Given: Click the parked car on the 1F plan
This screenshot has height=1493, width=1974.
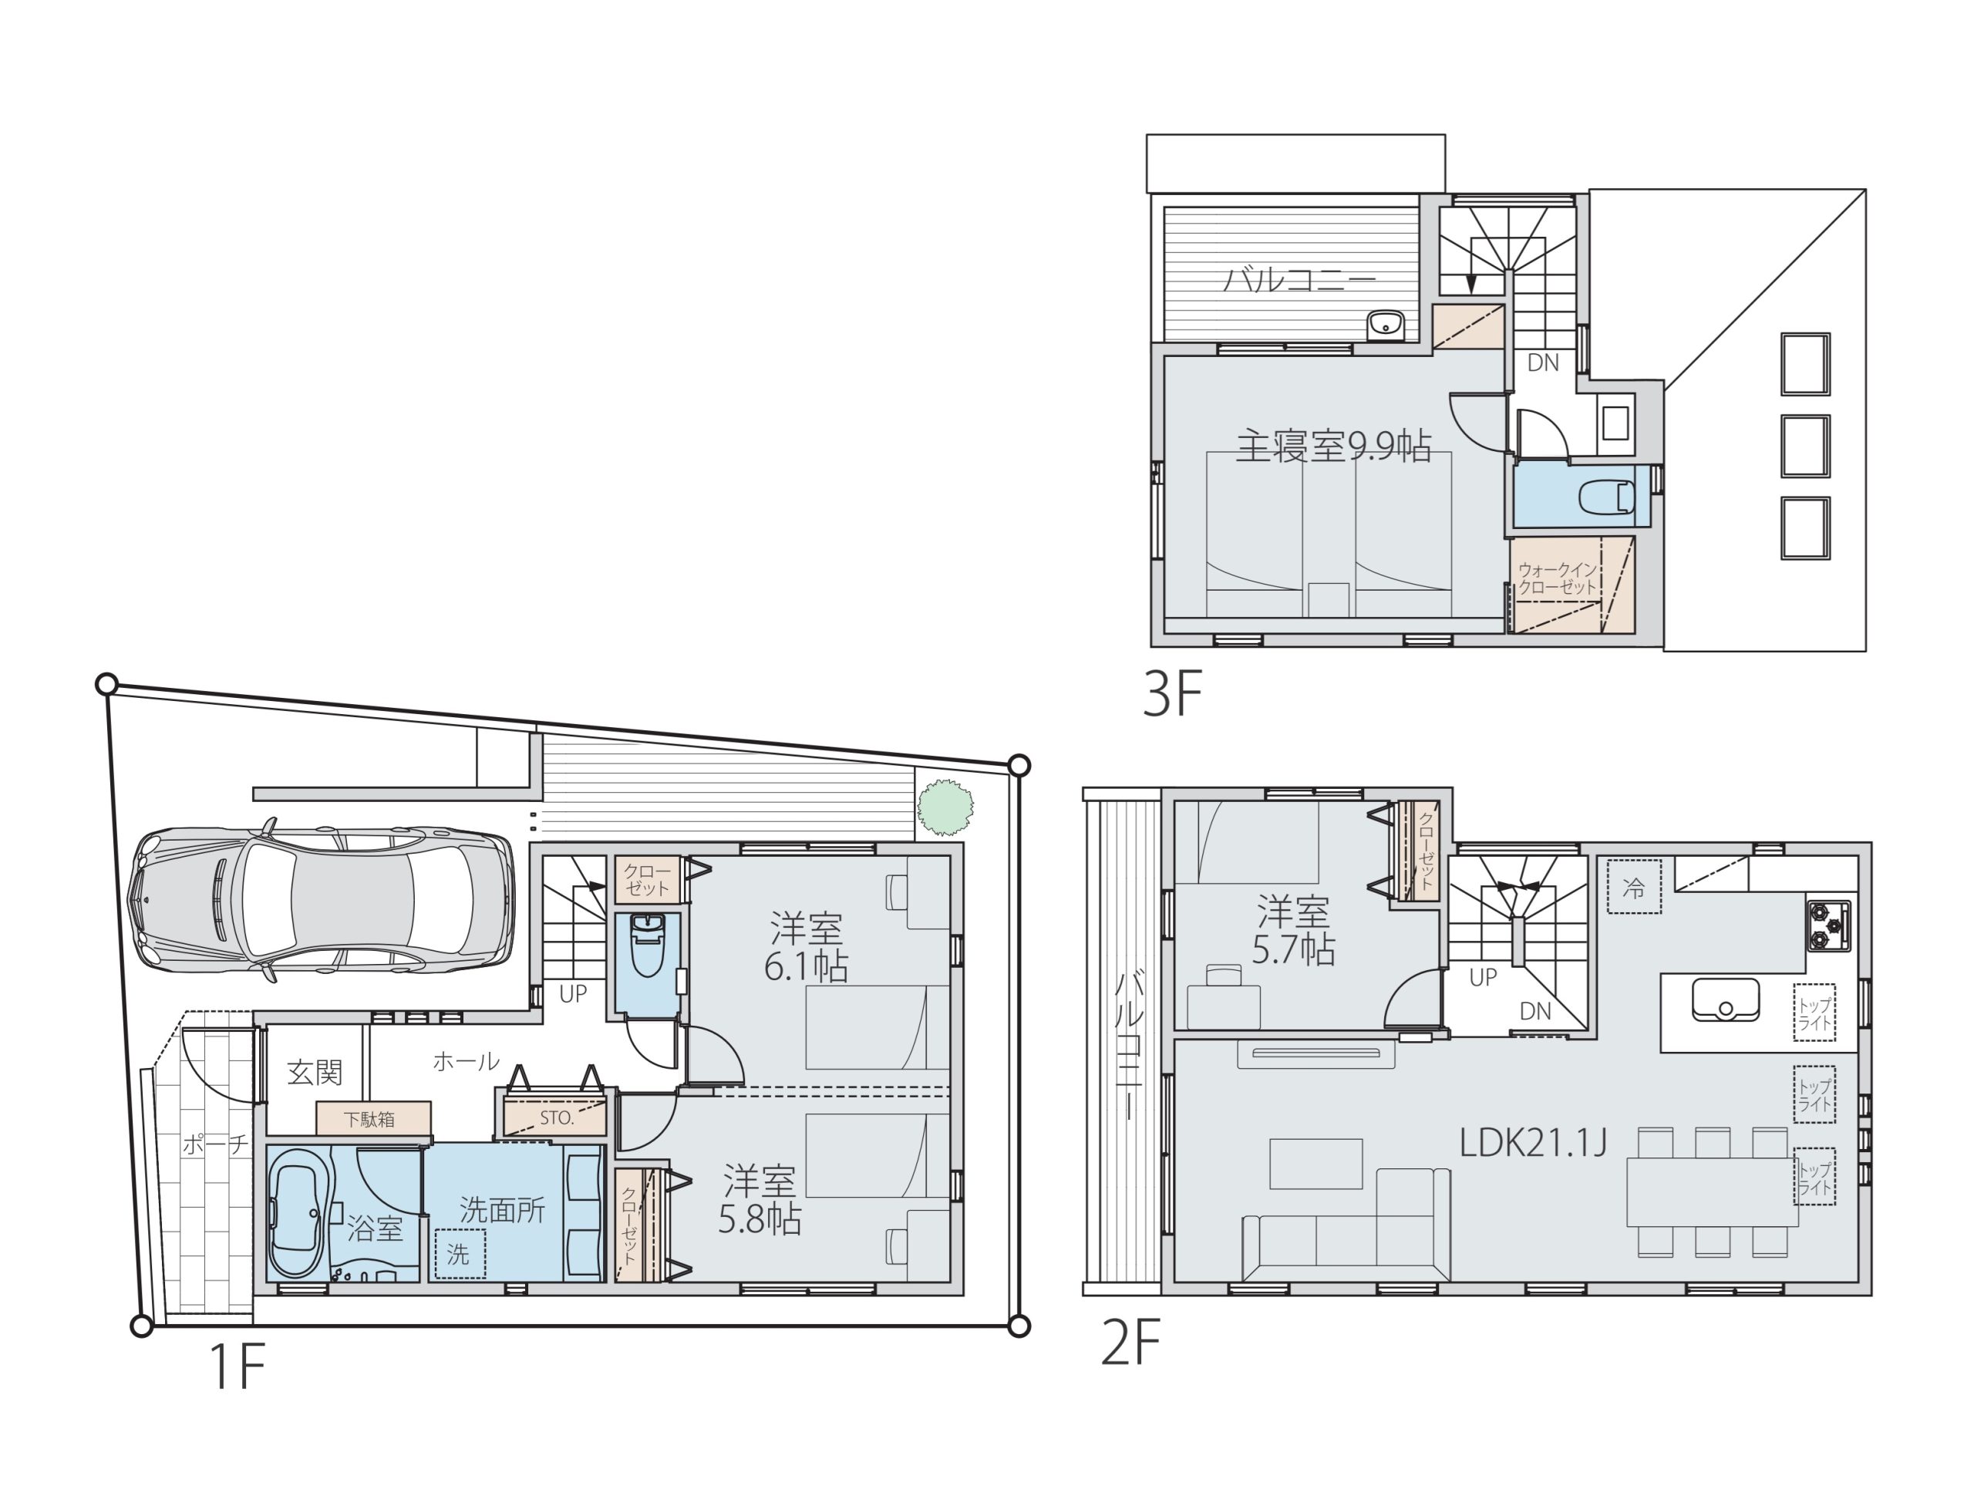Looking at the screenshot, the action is (322, 901).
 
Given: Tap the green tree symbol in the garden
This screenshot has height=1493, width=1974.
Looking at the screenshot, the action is (945, 807).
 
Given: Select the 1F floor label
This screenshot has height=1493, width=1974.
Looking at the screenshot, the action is (237, 1367).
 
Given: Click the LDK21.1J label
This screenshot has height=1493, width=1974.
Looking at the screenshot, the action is (1533, 1142).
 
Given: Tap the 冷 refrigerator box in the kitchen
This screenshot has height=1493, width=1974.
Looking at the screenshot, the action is (1634, 886).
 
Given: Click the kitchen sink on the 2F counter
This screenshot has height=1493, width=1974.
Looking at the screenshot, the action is (1725, 999).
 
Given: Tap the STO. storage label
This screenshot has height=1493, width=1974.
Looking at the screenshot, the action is (557, 1117).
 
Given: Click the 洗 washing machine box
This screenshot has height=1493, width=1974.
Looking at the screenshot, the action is (459, 1254).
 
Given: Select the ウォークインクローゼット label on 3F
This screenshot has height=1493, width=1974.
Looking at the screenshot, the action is (1558, 578).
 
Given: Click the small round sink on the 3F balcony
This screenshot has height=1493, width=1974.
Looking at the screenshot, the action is (1385, 325).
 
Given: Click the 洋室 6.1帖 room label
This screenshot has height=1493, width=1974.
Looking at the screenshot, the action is (806, 947).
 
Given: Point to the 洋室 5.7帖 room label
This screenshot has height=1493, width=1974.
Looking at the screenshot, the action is (1293, 932).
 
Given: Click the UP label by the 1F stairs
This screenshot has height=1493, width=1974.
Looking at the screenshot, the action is (573, 993).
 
